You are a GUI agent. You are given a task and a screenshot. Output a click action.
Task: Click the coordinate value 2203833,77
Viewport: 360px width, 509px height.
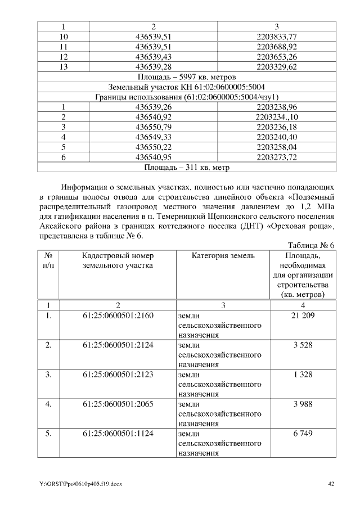click(x=276, y=37)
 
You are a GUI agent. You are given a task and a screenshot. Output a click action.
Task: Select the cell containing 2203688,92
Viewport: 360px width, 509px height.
click(x=276, y=47)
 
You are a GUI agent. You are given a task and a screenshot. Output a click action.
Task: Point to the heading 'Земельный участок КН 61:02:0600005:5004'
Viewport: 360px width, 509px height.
click(x=186, y=87)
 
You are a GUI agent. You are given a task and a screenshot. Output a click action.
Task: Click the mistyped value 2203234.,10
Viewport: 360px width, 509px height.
click(x=276, y=117)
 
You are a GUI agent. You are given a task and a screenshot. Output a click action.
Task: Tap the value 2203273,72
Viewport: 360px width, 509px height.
click(x=276, y=157)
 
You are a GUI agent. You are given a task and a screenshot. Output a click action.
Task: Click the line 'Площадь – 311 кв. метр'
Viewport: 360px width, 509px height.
click(x=186, y=167)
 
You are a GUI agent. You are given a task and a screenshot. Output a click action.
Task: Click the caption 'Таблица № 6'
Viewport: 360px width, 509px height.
click(x=311, y=246)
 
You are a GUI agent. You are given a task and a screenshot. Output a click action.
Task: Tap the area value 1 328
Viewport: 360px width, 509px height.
click(x=303, y=375)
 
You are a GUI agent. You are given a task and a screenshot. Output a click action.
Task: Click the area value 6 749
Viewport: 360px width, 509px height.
click(x=303, y=434)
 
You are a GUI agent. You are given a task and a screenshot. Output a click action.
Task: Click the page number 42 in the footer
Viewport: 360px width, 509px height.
click(x=331, y=484)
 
